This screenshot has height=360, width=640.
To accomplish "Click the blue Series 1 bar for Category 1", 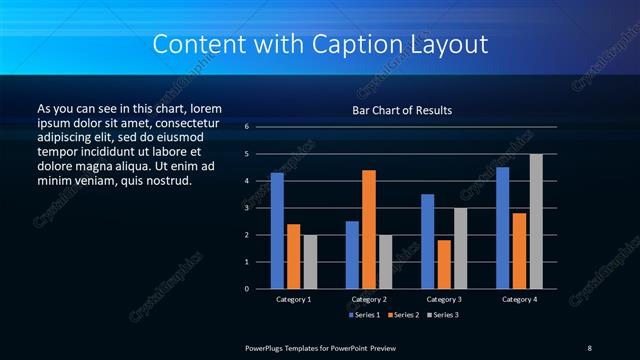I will (277, 231).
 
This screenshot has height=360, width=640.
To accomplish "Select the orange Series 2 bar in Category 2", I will (369, 229).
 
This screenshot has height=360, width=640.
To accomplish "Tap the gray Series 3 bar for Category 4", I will (536, 221).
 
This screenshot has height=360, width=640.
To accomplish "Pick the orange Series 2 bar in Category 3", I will (444, 264).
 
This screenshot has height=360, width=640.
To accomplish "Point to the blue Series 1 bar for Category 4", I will (502, 228).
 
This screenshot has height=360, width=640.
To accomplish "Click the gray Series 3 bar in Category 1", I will (310, 262).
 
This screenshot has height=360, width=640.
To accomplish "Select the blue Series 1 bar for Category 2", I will (352, 255).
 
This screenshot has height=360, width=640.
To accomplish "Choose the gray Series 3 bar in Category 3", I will (460, 248).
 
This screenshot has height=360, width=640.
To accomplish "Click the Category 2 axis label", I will (369, 299).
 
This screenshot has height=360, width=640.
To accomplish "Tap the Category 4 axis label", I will (519, 299).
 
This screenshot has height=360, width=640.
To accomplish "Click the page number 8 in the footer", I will (589, 346).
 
